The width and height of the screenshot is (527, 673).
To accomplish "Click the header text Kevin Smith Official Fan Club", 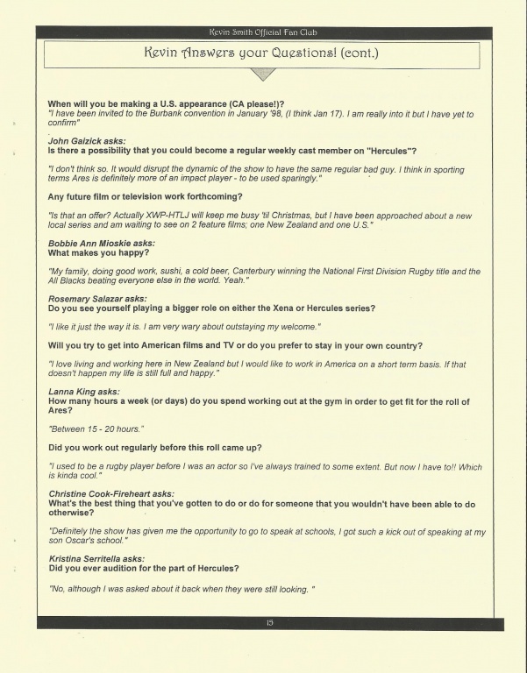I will coord(269,32).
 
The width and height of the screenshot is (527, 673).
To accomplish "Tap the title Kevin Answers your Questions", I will coord(262,54).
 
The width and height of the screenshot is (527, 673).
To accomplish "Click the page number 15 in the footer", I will coord(269,623).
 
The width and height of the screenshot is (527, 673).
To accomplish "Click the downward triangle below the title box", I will coord(262,76).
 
